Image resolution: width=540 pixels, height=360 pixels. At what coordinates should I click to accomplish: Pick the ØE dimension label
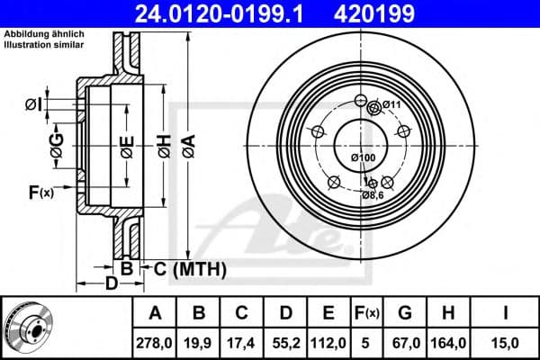(127, 150)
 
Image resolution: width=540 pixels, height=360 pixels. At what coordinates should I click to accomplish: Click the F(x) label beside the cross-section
(41, 191)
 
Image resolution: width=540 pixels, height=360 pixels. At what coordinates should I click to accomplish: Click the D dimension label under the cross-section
(110, 285)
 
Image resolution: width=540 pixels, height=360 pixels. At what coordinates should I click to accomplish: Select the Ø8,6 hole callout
(373, 194)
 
